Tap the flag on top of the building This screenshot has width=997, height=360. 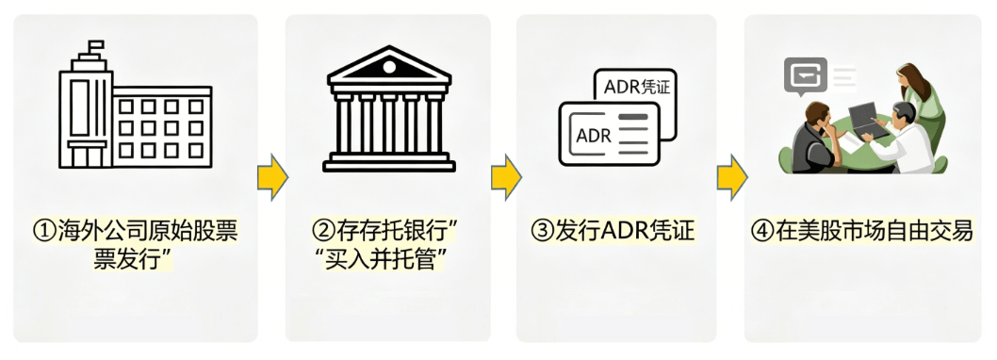click(94, 46)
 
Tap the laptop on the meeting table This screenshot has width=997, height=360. click(868, 120)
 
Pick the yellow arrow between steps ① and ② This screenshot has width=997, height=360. click(271, 177)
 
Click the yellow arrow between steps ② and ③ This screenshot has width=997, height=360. click(505, 177)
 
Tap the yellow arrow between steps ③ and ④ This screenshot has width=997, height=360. click(731, 177)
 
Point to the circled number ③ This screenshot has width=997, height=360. click(542, 232)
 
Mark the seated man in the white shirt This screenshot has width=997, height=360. click(908, 141)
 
